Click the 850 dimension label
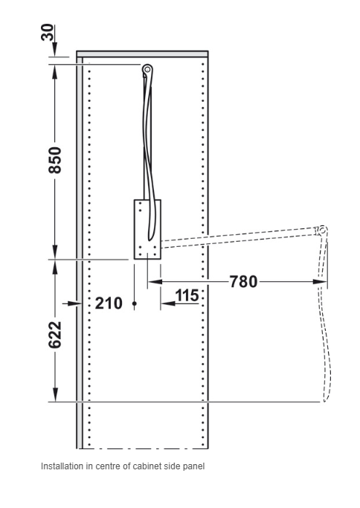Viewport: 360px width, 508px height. [55, 160]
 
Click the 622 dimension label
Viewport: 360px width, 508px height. [55, 335]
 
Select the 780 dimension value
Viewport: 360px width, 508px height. [244, 282]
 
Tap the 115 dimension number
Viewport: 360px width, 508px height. [187, 295]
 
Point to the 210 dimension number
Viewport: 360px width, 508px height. [109, 303]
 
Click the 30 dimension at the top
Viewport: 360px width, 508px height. [48, 32]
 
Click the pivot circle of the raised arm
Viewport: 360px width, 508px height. [147, 68]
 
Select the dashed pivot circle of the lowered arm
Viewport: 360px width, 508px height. [322, 231]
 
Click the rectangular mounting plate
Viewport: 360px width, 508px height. [148, 229]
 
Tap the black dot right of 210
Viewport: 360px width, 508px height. [135, 303]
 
